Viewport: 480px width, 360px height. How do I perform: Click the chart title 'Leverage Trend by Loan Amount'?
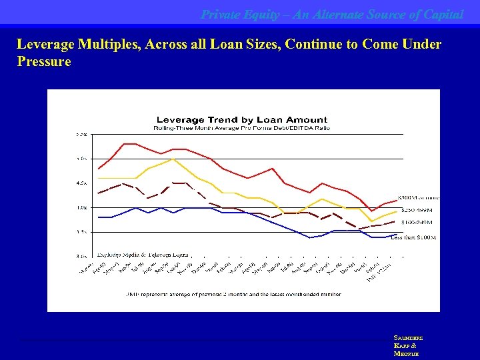241,120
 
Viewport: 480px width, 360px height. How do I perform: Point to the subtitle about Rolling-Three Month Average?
241,127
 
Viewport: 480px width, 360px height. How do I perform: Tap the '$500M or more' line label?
418,198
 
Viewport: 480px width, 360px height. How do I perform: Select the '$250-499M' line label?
417,210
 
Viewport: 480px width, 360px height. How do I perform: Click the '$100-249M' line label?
417,222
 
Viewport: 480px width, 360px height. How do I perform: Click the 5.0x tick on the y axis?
81,159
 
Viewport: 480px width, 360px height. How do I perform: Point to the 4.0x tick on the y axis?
81,207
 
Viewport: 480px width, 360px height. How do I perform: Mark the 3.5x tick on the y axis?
81,231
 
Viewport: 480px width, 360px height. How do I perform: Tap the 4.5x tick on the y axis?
81,183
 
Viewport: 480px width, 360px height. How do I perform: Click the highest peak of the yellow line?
173,159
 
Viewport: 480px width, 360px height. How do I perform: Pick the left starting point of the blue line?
99,217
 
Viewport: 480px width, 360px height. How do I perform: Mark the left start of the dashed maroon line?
99,193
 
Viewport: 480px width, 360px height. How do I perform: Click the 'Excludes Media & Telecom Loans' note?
143,255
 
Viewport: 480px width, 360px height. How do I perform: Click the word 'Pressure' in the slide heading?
44,61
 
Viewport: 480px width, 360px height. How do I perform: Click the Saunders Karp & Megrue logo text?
407,346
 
